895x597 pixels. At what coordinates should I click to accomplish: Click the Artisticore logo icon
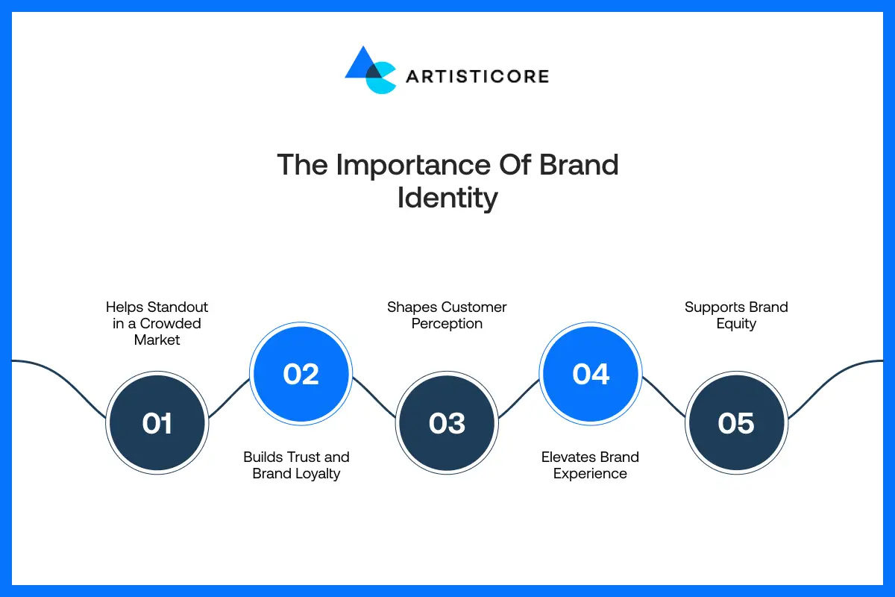(370, 71)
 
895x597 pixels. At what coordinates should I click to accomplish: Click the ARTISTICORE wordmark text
(477, 76)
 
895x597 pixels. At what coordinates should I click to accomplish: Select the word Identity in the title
(447, 199)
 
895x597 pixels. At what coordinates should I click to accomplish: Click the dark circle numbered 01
(157, 423)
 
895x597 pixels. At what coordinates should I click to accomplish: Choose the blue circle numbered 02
(301, 373)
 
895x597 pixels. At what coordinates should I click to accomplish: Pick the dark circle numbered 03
(447, 423)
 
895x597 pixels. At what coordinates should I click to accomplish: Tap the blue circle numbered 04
(591, 373)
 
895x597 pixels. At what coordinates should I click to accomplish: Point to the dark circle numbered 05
(735, 423)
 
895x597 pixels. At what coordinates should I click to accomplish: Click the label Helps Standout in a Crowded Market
(157, 323)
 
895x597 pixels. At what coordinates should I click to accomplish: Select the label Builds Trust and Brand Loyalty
(296, 465)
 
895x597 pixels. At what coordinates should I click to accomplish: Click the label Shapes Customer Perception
(447, 315)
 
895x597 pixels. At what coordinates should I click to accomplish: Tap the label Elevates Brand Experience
(590, 465)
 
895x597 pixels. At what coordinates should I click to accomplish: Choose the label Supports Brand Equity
(736, 315)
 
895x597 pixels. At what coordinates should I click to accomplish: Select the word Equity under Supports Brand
(736, 324)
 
